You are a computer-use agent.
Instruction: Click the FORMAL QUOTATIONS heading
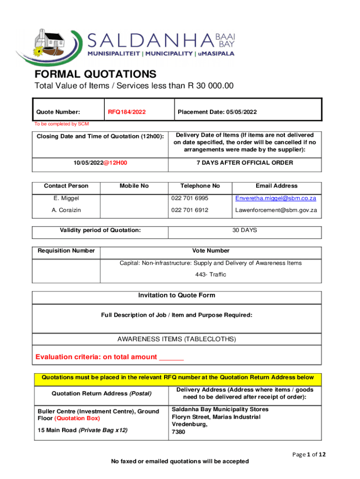tap(95, 74)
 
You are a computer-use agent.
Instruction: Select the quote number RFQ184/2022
tap(127, 112)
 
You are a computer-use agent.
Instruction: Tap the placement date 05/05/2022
tap(241, 112)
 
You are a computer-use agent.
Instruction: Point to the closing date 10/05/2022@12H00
tap(101, 163)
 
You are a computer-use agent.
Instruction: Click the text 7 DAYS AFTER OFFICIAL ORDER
tap(245, 163)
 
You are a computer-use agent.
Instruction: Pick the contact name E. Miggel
tap(66, 198)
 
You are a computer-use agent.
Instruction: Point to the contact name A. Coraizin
tap(66, 210)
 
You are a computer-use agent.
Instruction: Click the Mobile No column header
tap(134, 186)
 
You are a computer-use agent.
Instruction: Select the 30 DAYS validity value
tap(245, 230)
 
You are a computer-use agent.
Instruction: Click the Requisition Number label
tap(66, 251)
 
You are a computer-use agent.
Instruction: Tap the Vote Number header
tap(211, 251)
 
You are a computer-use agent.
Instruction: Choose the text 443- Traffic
tap(211, 275)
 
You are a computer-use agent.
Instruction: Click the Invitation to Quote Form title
tap(177, 296)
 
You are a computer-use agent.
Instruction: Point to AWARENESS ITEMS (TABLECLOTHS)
tap(177, 339)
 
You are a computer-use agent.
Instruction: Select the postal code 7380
tap(179, 432)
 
